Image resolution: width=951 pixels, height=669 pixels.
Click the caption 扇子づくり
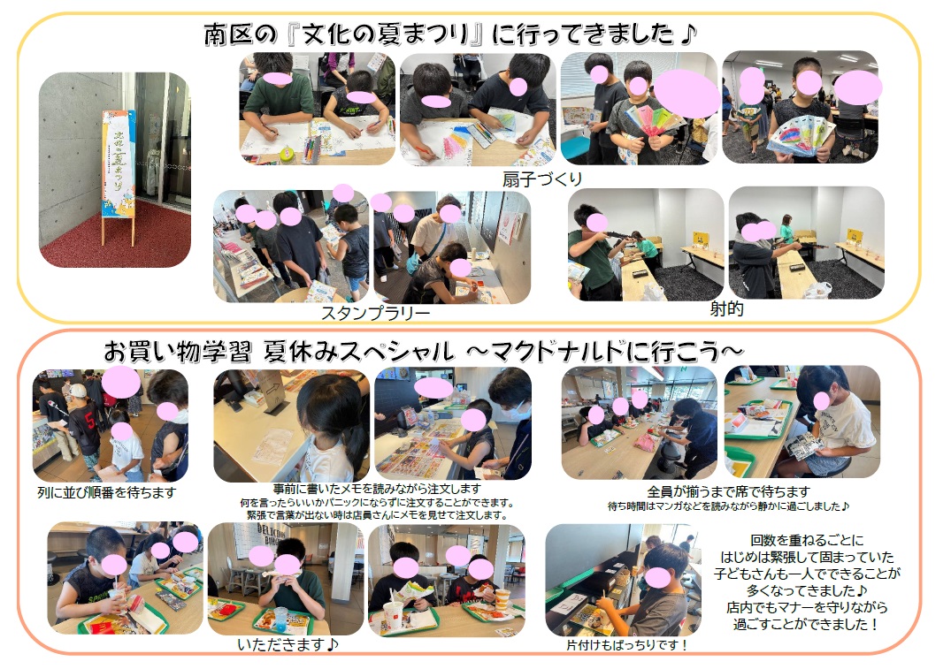(541, 179)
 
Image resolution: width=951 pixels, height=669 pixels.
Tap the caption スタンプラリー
(375, 313)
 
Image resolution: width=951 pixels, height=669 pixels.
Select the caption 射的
(726, 308)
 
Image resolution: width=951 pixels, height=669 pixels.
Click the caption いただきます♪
(288, 644)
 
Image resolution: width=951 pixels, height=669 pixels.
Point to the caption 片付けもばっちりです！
(626, 645)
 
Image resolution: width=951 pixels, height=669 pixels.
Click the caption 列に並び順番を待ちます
(107, 492)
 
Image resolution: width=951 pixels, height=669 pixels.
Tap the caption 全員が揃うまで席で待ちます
(728, 490)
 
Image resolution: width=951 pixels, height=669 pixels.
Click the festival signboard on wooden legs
(119, 176)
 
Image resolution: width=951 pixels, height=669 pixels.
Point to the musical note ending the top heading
(687, 34)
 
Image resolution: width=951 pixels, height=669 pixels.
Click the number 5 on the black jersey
(89, 420)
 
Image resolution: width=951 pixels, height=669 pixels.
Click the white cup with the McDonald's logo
(393, 616)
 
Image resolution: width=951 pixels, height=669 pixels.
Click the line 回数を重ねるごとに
(807, 539)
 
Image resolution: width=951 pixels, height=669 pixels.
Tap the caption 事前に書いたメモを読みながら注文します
(377, 488)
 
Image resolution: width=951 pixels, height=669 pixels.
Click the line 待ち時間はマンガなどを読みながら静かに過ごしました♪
(728, 506)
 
